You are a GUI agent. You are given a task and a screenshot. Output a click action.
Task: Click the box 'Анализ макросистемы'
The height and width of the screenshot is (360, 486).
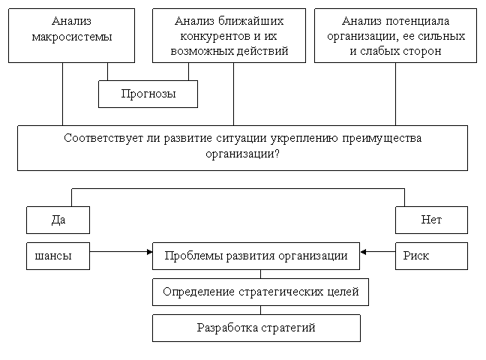(x=71, y=35)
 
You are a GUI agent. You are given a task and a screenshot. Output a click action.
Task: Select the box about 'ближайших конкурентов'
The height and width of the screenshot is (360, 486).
(x=229, y=35)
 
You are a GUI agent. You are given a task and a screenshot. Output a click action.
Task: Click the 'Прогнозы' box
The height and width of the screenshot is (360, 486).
(x=148, y=94)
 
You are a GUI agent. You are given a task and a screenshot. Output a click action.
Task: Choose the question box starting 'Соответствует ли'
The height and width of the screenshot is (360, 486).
(x=242, y=147)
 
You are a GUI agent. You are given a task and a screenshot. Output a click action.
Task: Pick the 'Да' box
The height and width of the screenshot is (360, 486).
(x=58, y=220)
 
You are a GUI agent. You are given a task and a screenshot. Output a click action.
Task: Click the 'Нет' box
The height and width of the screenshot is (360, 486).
(x=431, y=220)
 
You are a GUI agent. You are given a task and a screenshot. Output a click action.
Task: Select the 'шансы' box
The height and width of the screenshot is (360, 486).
(x=58, y=256)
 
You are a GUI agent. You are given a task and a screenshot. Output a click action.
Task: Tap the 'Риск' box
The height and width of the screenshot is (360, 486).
(x=431, y=256)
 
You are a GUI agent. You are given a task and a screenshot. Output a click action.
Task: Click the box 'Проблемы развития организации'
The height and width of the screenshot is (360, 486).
(x=256, y=256)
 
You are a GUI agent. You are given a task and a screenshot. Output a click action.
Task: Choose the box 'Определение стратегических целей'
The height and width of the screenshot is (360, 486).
(x=260, y=292)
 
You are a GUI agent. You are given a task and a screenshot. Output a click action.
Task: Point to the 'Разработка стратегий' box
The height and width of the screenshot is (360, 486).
(x=256, y=328)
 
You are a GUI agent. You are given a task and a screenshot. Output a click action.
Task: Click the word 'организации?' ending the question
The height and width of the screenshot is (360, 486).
(x=242, y=154)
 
